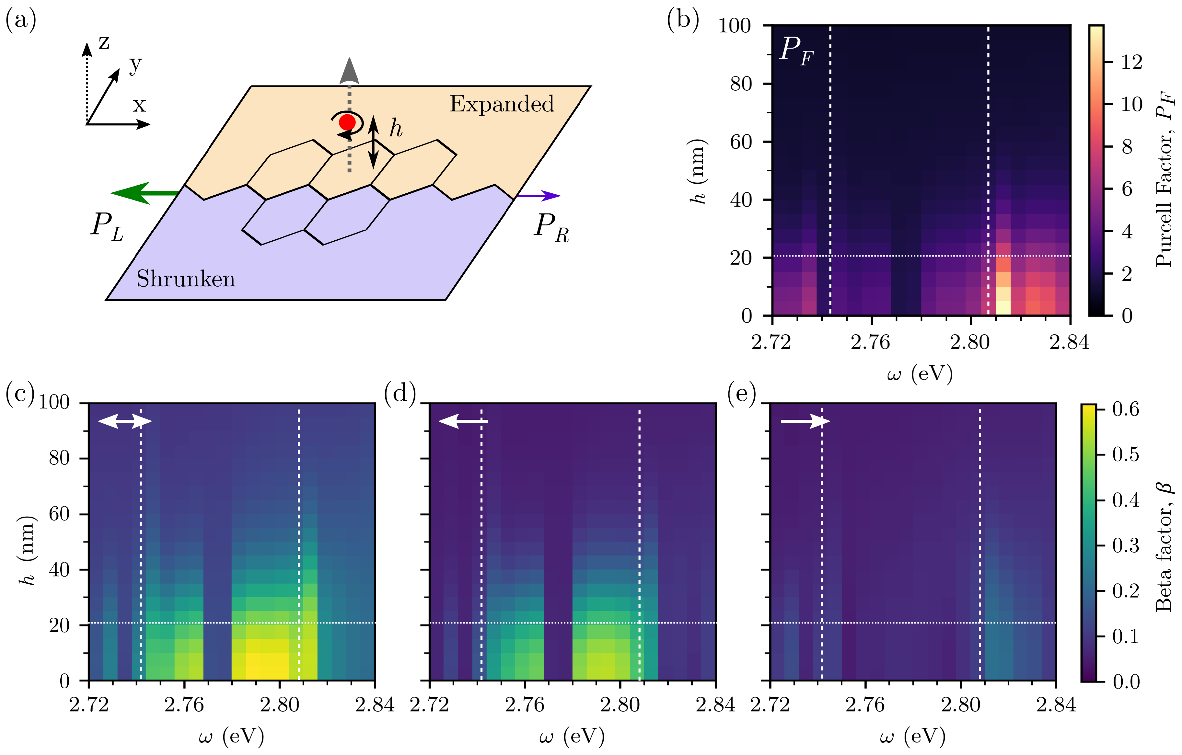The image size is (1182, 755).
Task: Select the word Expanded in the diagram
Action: [501, 104]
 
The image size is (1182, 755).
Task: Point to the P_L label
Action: [107, 227]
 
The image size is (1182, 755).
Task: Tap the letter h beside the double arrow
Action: [396, 129]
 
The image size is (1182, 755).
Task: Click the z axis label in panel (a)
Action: [104, 43]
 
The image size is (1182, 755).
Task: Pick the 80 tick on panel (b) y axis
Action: [741, 84]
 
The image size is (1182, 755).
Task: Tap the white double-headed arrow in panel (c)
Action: [125, 421]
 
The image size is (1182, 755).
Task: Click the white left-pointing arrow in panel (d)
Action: [463, 421]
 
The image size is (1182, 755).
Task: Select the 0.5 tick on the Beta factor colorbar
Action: [1126, 454]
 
